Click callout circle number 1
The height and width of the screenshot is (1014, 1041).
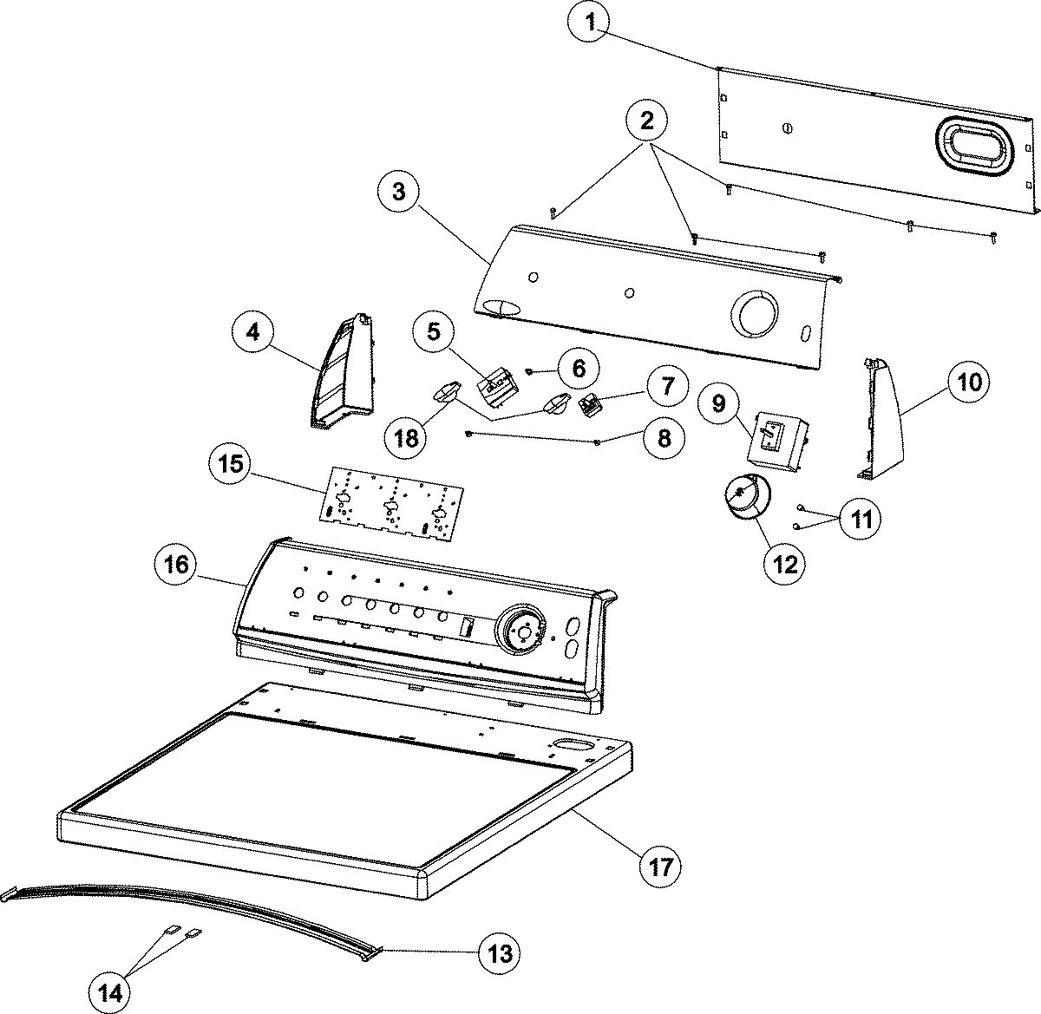click(x=590, y=24)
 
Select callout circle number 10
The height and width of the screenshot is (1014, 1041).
click(x=970, y=381)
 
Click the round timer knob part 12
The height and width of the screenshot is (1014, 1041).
click(x=742, y=500)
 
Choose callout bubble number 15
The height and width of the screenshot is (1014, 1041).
click(x=231, y=464)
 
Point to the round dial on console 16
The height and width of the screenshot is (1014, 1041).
click(x=522, y=631)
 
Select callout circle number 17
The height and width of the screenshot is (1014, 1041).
click(x=661, y=865)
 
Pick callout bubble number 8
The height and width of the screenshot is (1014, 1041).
click(x=664, y=438)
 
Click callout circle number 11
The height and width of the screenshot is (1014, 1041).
click(x=859, y=519)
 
